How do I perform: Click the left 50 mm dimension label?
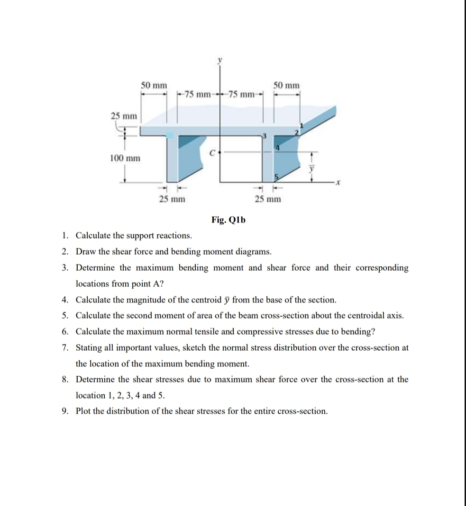(x=154, y=85)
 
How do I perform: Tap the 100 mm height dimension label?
(x=125, y=158)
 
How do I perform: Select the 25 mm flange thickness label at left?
(x=124, y=115)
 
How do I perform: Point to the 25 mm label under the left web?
(x=172, y=199)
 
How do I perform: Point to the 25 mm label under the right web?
(x=267, y=199)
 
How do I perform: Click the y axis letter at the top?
(x=219, y=60)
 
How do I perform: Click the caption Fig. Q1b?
(x=225, y=220)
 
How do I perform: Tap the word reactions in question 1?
(x=174, y=235)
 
